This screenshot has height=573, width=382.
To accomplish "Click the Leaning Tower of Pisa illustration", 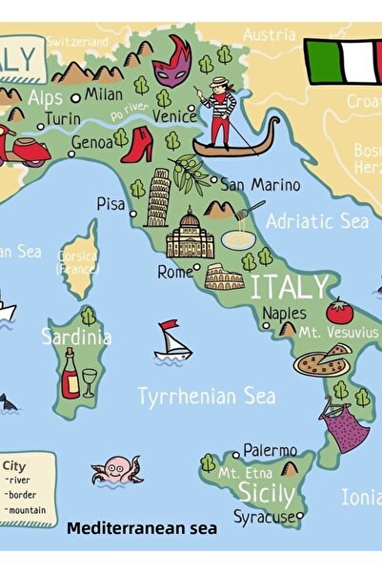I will click(x=157, y=196).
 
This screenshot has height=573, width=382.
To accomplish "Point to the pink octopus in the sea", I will click(x=116, y=469).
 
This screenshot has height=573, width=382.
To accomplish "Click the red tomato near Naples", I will click(x=339, y=312).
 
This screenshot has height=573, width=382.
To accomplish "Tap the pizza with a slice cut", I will click(x=322, y=361).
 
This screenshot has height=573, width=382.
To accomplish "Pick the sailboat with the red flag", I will click(x=172, y=341).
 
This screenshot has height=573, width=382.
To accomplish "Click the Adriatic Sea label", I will click(x=316, y=221).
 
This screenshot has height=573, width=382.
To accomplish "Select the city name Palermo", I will click(x=270, y=450).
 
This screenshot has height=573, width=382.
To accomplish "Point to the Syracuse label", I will click(x=265, y=517).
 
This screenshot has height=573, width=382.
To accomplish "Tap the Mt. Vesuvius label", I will click(x=338, y=333).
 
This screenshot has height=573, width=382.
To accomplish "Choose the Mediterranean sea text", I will click(x=142, y=526).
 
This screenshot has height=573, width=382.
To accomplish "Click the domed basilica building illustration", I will click(x=190, y=235).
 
